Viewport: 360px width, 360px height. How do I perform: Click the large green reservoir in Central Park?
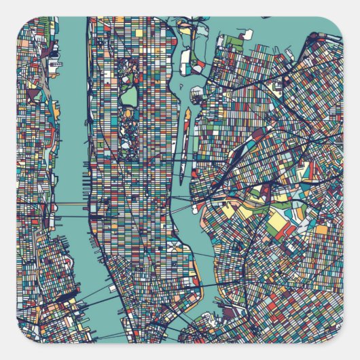[129, 96]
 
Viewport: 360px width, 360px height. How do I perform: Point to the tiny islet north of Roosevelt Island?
[197, 92]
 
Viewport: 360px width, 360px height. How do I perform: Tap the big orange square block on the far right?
[321, 230]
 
